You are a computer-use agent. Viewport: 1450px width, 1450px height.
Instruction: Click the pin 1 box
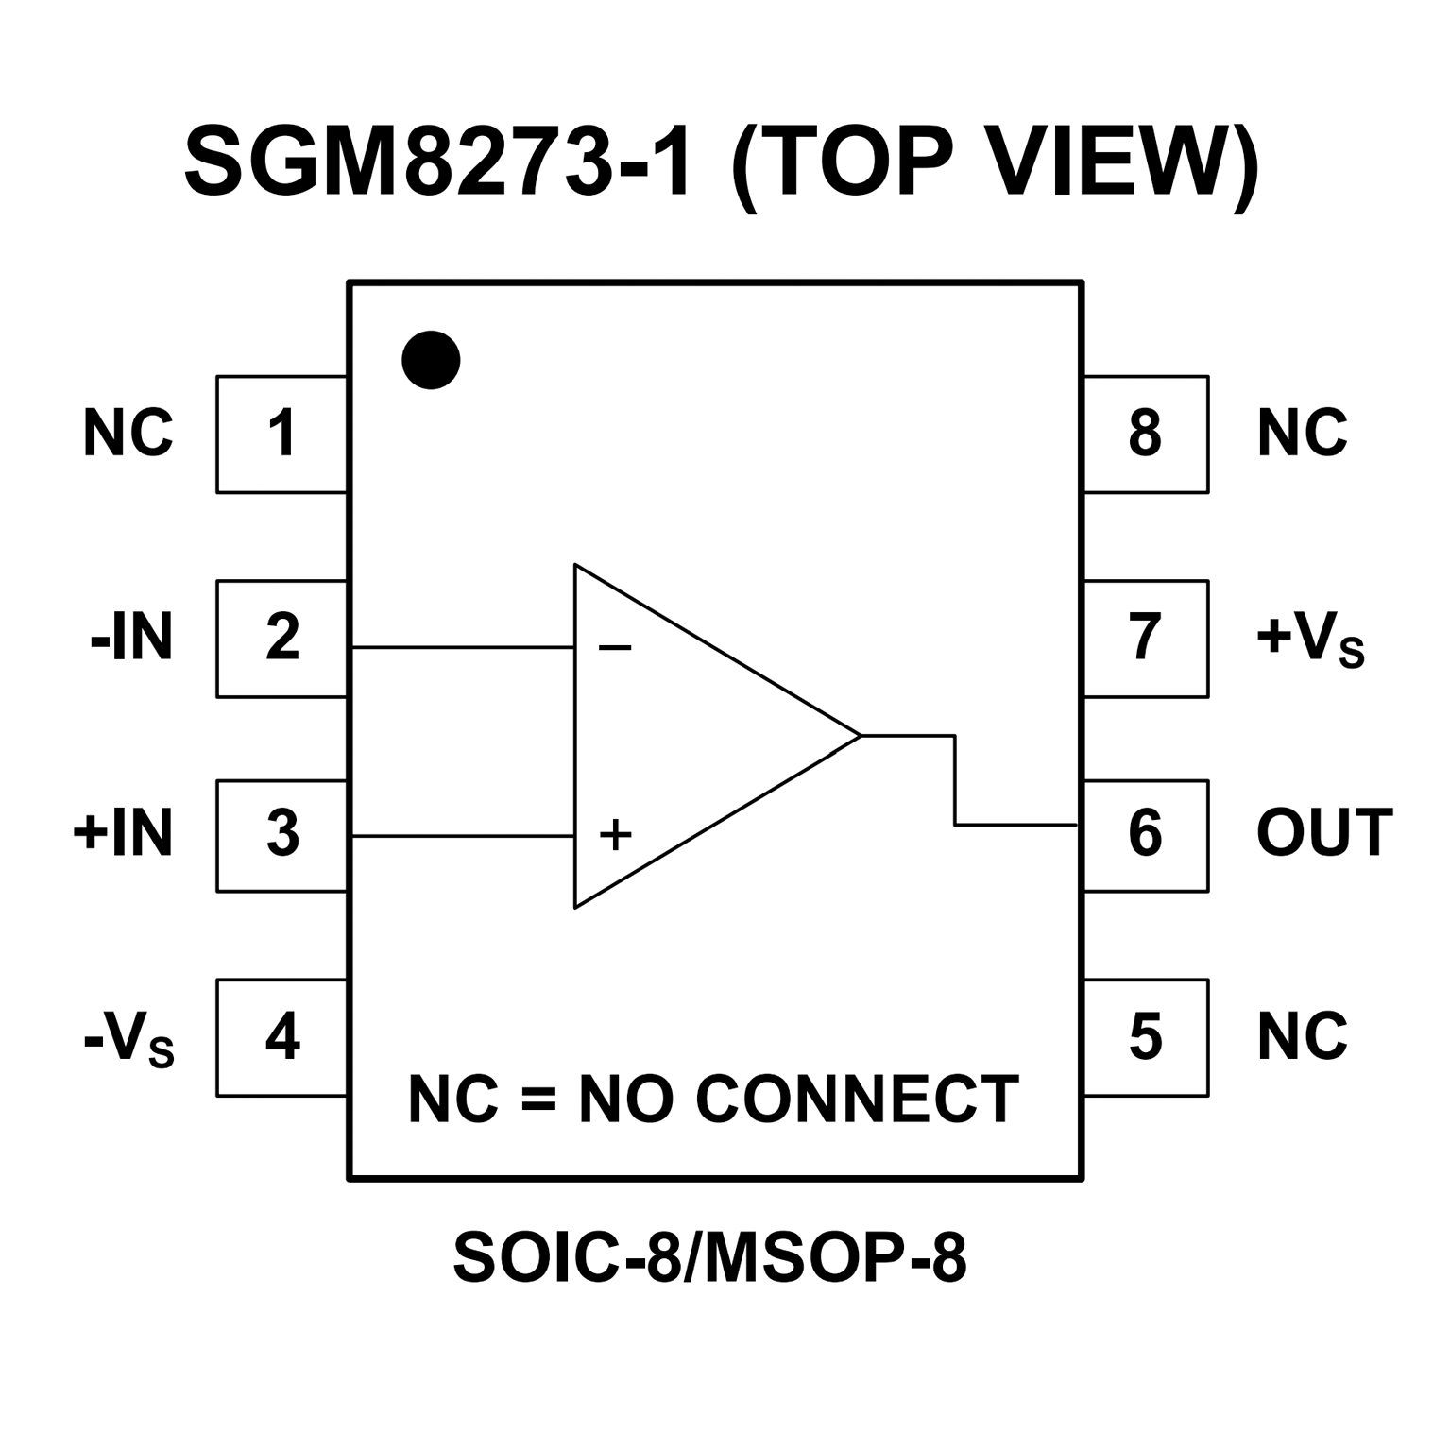pyautogui.click(x=281, y=435)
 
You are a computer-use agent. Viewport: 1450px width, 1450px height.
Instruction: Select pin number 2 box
pyautogui.click(x=281, y=639)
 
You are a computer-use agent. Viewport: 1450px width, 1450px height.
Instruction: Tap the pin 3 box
pyautogui.click(x=281, y=835)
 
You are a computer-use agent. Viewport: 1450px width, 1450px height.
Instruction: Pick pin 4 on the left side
pyautogui.click(x=281, y=1037)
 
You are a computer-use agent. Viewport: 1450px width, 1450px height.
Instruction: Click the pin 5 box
pyautogui.click(x=1145, y=1037)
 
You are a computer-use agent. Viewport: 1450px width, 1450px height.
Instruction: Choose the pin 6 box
pyautogui.click(x=1145, y=835)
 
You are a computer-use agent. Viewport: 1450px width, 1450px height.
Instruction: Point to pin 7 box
pyautogui.click(x=1145, y=639)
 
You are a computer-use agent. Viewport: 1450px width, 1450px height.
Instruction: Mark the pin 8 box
pyautogui.click(x=1145, y=435)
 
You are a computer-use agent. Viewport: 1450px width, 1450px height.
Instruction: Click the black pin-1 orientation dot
pyautogui.click(x=431, y=360)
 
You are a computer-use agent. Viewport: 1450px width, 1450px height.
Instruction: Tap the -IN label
pyautogui.click(x=131, y=639)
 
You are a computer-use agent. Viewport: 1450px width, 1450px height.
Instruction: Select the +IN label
pyautogui.click(x=123, y=834)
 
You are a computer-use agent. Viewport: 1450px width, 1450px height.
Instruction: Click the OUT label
pyautogui.click(x=1324, y=834)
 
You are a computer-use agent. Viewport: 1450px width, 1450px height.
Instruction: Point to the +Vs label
pyautogui.click(x=1309, y=640)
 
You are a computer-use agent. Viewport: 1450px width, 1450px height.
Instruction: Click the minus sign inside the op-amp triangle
pyautogui.click(x=615, y=648)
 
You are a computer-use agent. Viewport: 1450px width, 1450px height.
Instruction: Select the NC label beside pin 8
pyautogui.click(x=1302, y=435)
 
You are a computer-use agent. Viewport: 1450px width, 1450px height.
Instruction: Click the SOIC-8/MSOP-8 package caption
pyautogui.click(x=710, y=1257)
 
